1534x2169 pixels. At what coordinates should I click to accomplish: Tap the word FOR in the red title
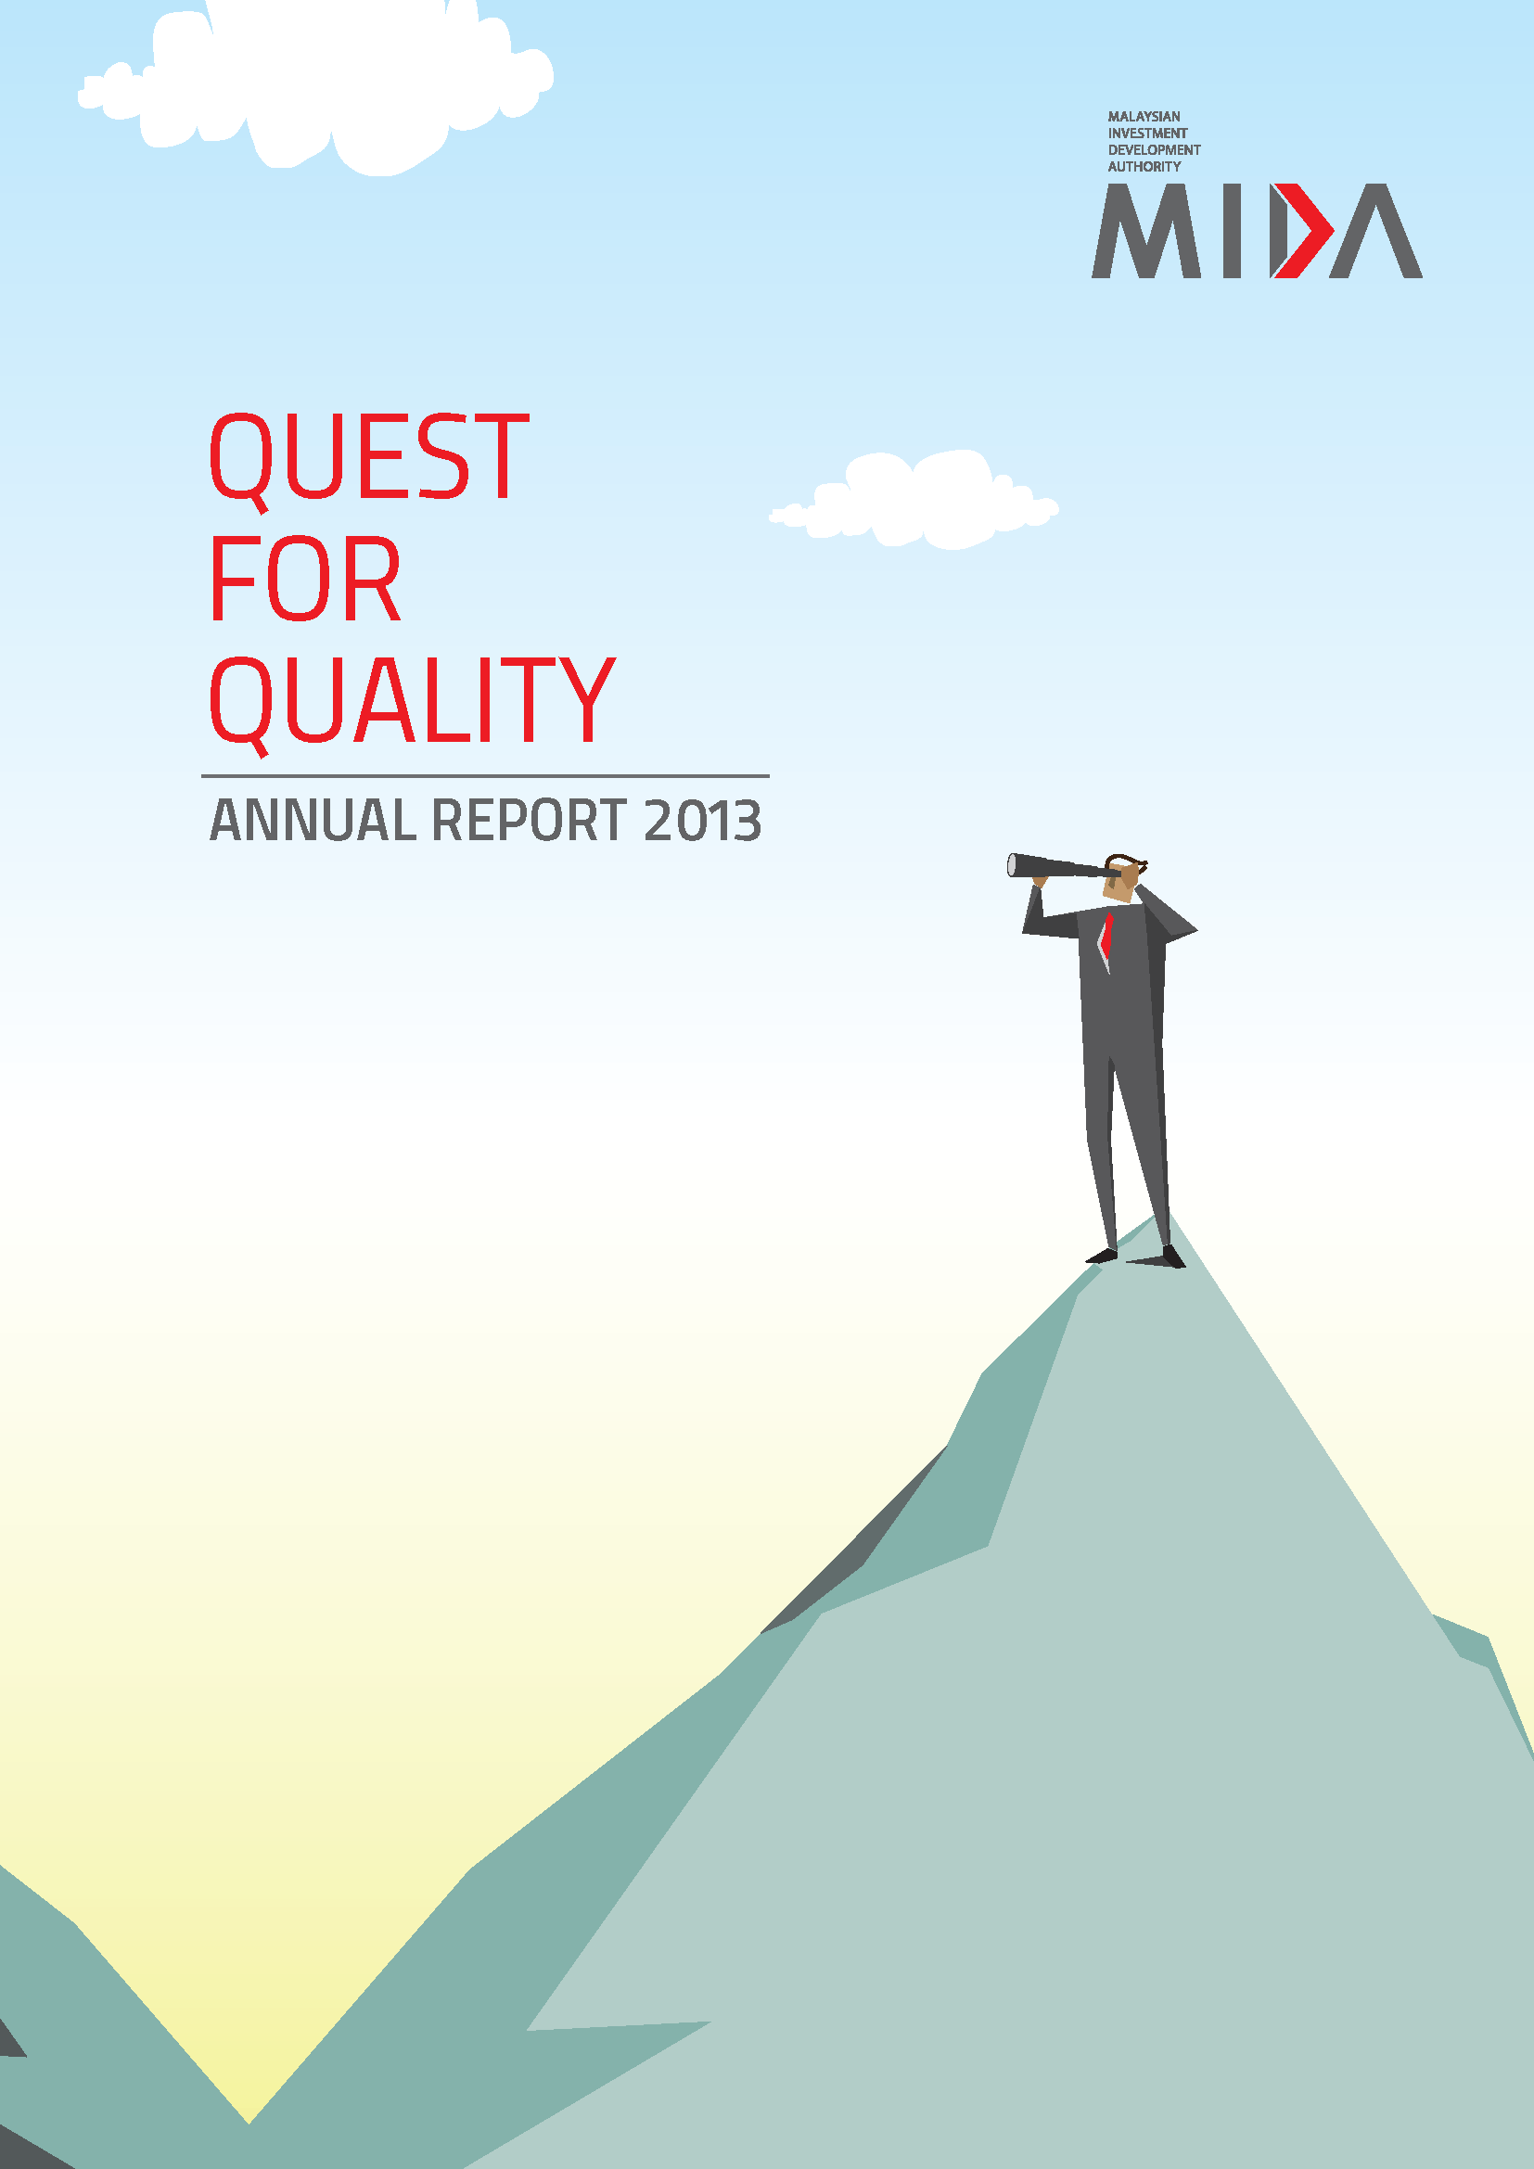click(305, 578)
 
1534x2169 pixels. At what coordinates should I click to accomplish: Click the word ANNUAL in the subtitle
click(313, 820)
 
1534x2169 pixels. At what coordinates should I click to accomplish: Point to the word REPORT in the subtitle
click(529, 820)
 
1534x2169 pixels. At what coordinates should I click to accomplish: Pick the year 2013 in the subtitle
click(702, 820)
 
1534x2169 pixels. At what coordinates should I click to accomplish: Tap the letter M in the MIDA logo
click(1146, 231)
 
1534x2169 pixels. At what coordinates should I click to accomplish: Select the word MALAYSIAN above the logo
click(1144, 116)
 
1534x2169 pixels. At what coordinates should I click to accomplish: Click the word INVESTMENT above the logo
click(1147, 134)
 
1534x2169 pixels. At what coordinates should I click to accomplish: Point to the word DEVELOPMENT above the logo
click(1155, 149)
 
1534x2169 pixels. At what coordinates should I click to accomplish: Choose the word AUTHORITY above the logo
click(1144, 166)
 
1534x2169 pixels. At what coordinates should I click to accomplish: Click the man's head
click(1124, 876)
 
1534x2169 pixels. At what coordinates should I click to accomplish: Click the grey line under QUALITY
click(485, 776)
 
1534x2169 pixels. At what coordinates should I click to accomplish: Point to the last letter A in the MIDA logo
click(1375, 231)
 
